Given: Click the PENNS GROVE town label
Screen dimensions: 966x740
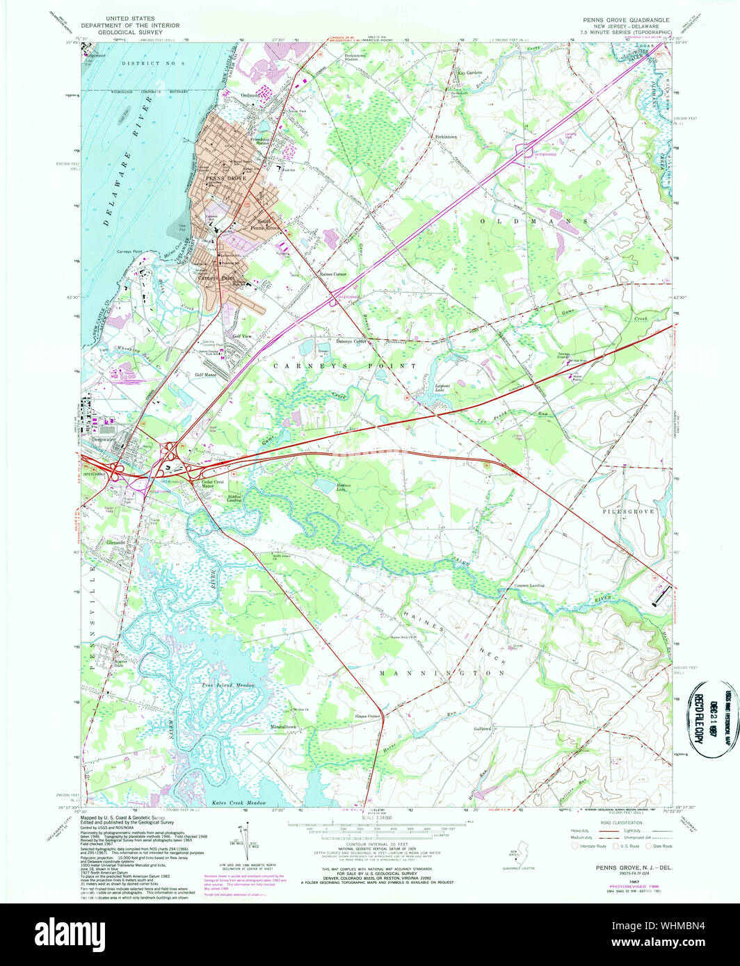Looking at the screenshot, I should (226, 179).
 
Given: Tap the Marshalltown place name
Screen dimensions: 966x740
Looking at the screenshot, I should (283, 727).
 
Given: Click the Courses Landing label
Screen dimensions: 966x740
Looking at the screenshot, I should (529, 585).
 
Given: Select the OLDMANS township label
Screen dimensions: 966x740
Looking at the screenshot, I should (535, 220).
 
